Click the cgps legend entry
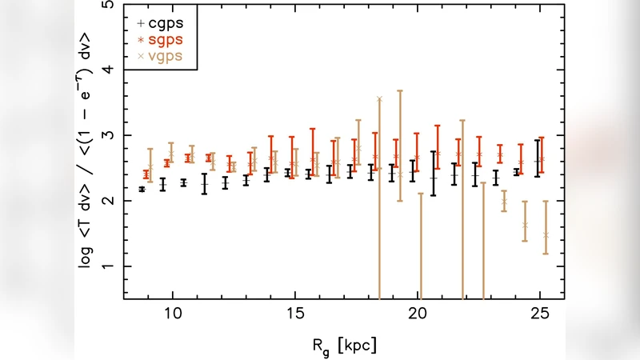(x=162, y=24)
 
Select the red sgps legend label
(x=163, y=40)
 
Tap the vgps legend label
(x=163, y=56)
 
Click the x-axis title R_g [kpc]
(x=344, y=346)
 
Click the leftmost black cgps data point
(x=142, y=190)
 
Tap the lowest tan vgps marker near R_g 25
(x=546, y=234)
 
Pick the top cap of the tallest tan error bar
(x=400, y=90)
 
